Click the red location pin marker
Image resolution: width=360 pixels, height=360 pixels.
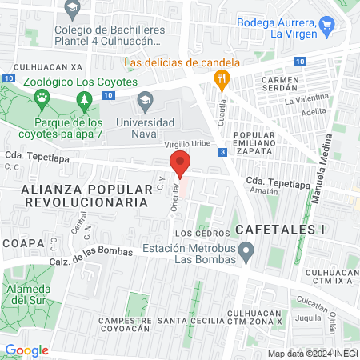(181, 163)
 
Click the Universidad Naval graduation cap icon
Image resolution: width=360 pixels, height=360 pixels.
(145, 100)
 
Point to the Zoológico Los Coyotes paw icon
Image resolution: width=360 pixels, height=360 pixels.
(42, 98)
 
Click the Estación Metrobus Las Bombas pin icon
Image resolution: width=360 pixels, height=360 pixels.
(247, 254)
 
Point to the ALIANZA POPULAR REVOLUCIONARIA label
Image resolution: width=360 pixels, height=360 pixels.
(88, 196)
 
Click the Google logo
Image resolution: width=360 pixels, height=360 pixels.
(26, 350)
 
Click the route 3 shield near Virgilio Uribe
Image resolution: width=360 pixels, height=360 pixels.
(222, 151)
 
